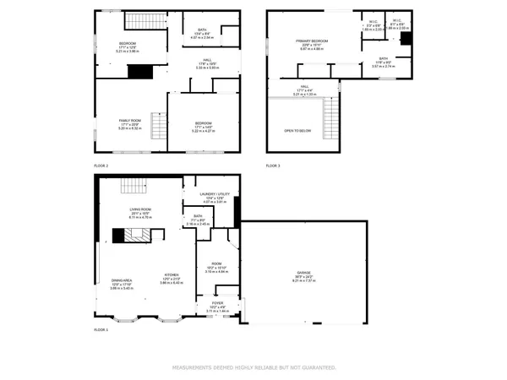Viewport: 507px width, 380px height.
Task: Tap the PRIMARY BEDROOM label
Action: [312, 41]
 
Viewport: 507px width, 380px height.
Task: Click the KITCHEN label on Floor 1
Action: [171, 275]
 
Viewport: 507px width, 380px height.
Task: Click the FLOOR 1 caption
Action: [101, 329]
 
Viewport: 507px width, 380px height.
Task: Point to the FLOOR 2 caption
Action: [101, 166]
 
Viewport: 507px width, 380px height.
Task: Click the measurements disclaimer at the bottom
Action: [253, 367]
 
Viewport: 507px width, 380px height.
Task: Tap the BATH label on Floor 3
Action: [383, 58]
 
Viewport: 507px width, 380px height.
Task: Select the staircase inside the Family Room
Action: [155, 120]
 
